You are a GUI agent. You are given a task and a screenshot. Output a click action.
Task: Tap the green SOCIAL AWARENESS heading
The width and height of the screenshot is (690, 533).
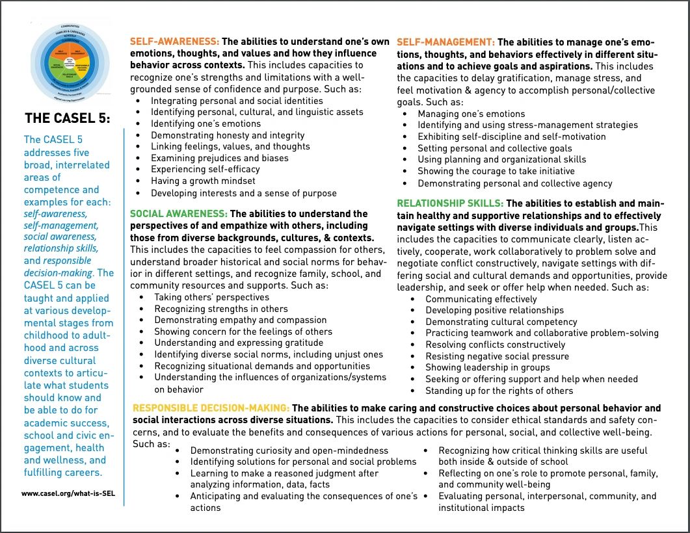[x=179, y=213]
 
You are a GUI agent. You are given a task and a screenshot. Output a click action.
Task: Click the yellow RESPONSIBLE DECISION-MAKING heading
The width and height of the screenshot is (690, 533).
[x=211, y=408]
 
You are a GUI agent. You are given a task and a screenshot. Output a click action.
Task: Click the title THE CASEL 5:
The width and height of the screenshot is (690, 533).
[x=68, y=118]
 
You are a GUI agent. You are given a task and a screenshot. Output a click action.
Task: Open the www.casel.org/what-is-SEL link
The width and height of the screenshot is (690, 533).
[x=63, y=494]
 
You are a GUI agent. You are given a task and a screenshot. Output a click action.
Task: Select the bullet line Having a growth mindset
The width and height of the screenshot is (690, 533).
[x=203, y=181]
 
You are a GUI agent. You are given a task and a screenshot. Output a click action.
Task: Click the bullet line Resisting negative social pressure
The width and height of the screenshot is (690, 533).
[x=497, y=356]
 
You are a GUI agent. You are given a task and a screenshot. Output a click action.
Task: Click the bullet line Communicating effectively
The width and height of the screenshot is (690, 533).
[x=481, y=299]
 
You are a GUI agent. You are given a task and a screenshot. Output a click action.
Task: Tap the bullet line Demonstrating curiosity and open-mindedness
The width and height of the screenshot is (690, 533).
[x=289, y=450]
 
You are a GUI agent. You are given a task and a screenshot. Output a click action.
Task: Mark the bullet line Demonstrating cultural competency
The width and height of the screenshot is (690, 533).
[x=501, y=322]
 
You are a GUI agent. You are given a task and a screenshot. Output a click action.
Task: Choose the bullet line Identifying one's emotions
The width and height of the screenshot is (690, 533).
[x=206, y=123]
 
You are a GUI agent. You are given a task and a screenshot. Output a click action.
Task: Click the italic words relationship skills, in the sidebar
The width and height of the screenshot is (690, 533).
[x=61, y=248]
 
